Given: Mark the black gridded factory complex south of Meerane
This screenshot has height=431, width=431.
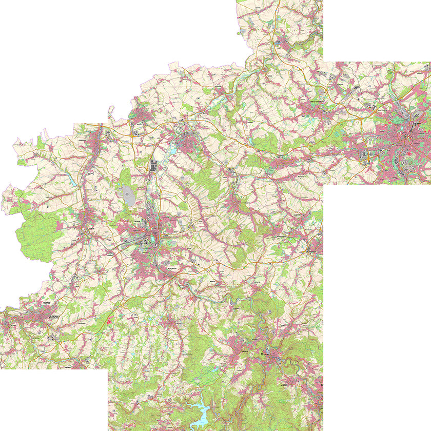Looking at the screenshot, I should click(153, 165).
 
